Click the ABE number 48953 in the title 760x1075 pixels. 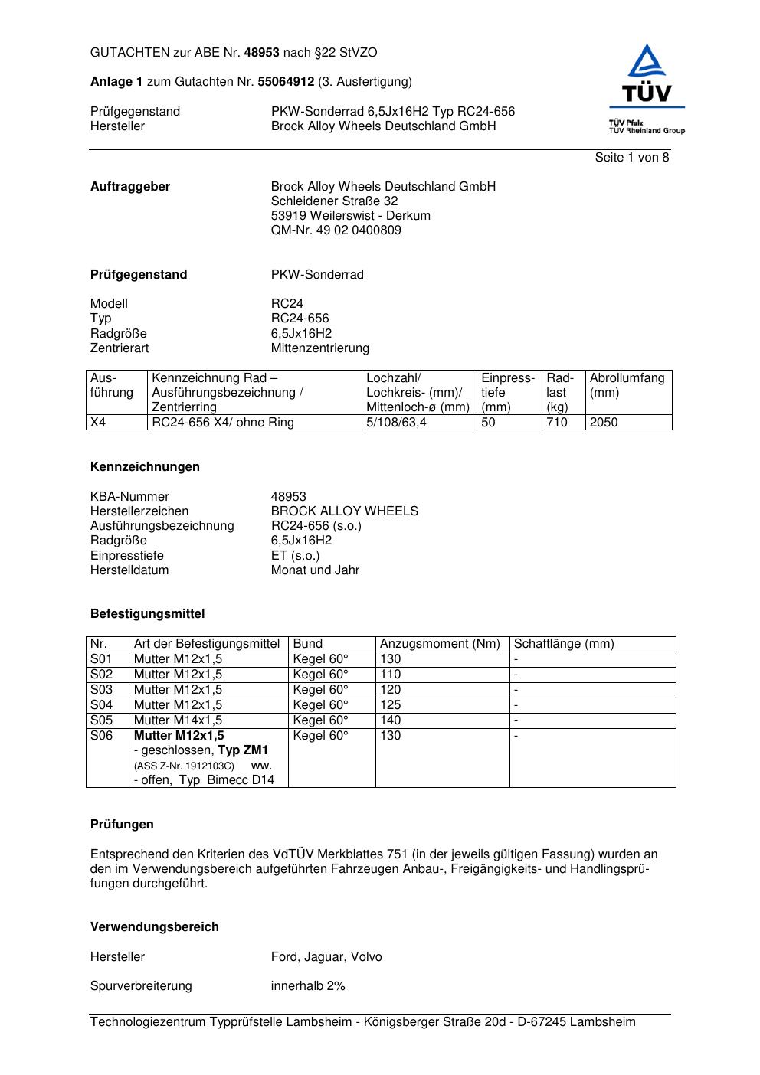pos(262,53)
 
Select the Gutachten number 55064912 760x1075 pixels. pos(286,81)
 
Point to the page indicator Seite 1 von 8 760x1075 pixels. pos(631,158)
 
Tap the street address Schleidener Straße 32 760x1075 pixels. pos(334,201)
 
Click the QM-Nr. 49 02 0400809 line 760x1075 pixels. pos(336,230)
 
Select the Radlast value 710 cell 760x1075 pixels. pos(557,423)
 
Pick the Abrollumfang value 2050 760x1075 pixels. pos(604,423)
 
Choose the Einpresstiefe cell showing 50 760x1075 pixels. pos(489,423)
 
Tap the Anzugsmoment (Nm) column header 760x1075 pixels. pos(440,644)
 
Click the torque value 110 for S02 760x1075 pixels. pos(391,675)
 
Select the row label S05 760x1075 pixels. pos(101,720)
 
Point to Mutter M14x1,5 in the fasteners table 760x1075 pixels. pos(178,720)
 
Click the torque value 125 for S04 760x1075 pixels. pos(391,705)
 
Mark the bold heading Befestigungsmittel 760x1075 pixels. pos(147,614)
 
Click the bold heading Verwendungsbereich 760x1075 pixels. pos(154,927)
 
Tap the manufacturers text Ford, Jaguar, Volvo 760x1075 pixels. pos(326,957)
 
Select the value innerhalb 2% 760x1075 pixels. pos(308,986)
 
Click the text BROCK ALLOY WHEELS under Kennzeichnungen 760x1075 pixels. pos(345,511)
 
